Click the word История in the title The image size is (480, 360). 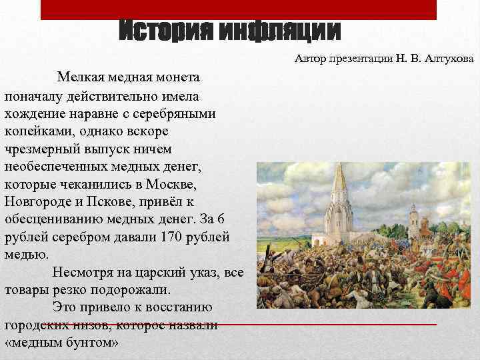(163, 30)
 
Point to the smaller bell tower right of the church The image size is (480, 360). (413, 223)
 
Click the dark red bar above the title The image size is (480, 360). (238, 9)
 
